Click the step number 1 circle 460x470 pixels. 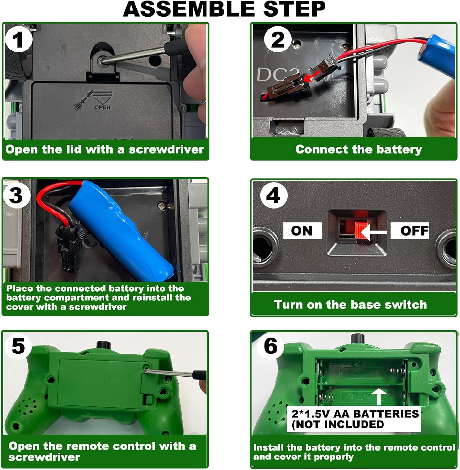point(18,40)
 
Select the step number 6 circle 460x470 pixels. point(270,347)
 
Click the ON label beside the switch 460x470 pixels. point(302,231)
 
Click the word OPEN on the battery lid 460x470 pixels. point(102,107)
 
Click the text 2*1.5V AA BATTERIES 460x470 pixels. point(355,414)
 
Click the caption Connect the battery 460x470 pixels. point(358,149)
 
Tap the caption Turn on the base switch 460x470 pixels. point(351,305)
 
